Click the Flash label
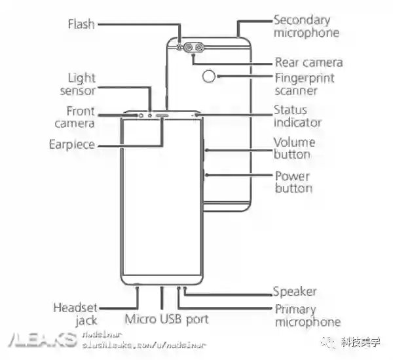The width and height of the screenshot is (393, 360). [81, 24]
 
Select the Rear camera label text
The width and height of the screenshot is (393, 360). [309, 62]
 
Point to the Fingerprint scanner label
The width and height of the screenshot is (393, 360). [304, 83]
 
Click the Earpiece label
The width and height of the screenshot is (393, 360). [72, 144]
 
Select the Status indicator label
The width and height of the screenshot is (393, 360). [297, 116]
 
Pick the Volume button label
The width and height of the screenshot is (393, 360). [294, 148]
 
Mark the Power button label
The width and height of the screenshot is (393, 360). [293, 182]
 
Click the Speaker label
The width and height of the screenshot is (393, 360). [295, 292]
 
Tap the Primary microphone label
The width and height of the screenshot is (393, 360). [307, 315]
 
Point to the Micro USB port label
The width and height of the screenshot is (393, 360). [166, 319]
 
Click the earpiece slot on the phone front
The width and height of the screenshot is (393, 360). [161, 114]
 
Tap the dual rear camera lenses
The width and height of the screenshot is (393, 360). [193, 48]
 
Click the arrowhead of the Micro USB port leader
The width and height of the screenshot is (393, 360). [161, 289]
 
